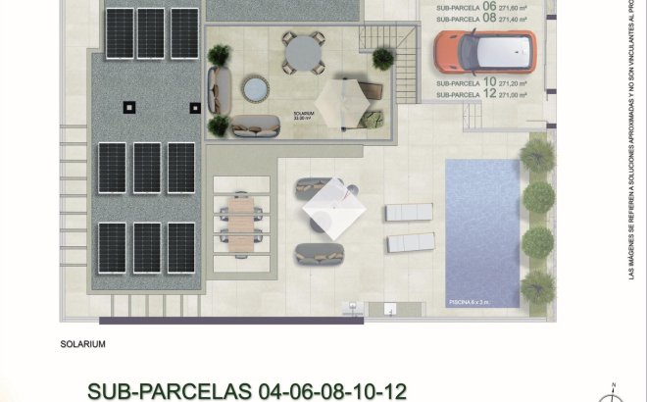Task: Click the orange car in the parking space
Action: pos(485,51)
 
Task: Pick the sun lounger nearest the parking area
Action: pos(410,212)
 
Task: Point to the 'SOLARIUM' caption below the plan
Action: pos(82,344)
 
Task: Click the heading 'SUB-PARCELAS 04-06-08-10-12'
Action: pos(247,389)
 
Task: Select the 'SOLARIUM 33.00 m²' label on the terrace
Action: pos(304,116)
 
